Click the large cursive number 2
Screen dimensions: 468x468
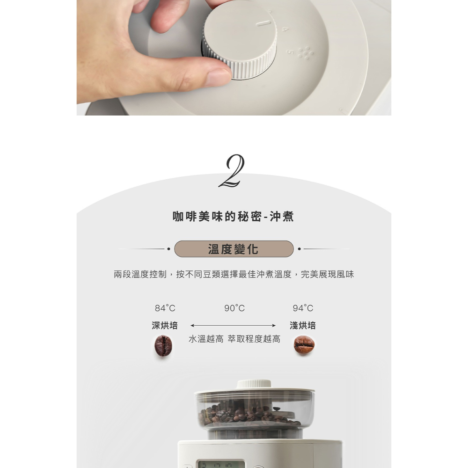click(233, 171)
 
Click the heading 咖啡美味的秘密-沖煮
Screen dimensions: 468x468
click(234, 216)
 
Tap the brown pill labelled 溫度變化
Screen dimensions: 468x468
click(234, 249)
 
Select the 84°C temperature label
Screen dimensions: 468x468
click(165, 308)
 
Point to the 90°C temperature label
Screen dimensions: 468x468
click(234, 308)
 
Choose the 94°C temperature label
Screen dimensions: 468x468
click(303, 308)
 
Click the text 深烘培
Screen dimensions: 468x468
click(165, 325)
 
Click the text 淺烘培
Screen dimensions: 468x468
click(303, 325)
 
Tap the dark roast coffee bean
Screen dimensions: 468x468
click(163, 346)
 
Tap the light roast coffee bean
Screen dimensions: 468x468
click(304, 344)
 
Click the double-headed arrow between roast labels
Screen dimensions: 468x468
click(233, 325)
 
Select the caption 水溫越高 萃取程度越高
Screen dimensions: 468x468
click(234, 339)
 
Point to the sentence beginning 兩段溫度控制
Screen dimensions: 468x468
click(234, 274)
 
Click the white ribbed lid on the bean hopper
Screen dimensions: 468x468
click(254, 384)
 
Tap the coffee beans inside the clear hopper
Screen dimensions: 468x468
click(249, 414)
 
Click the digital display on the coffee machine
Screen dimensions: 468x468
click(221, 464)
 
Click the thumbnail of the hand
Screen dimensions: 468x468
click(218, 77)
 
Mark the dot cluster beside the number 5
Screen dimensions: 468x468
click(306, 53)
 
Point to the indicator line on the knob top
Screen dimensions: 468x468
click(263, 23)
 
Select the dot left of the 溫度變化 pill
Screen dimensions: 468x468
click(168, 249)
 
